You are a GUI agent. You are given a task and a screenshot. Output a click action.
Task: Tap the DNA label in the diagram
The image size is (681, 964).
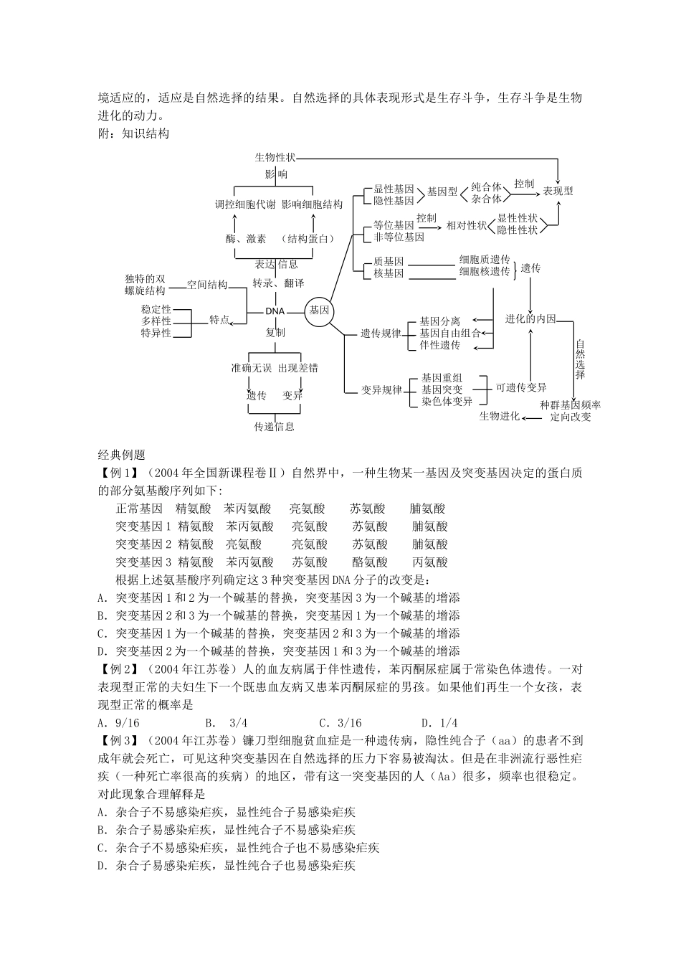pyautogui.click(x=275, y=311)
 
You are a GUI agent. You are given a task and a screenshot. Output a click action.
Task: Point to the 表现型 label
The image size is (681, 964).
pyautogui.click(x=558, y=192)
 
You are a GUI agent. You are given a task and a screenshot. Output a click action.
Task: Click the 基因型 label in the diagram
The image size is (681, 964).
pyautogui.click(x=442, y=192)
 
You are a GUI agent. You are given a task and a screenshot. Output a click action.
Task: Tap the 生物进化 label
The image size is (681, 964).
pyautogui.click(x=499, y=416)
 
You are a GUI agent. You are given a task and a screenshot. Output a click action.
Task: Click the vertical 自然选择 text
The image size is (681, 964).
pyautogui.click(x=580, y=359)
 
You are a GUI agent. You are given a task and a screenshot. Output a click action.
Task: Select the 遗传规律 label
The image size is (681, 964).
pyautogui.click(x=381, y=334)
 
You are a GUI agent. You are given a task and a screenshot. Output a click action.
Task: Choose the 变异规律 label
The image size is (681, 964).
pyautogui.click(x=381, y=390)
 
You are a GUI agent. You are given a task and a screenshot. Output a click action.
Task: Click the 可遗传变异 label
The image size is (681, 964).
pyautogui.click(x=521, y=387)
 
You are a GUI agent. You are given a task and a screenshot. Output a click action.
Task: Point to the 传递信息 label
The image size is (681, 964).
pyautogui.click(x=274, y=426)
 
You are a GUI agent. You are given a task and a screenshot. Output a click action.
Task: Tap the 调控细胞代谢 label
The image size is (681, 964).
pyautogui.click(x=245, y=204)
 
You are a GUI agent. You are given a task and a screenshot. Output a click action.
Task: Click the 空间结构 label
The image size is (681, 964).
pyautogui.click(x=207, y=285)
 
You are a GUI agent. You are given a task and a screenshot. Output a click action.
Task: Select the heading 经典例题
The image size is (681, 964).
pyautogui.click(x=121, y=455)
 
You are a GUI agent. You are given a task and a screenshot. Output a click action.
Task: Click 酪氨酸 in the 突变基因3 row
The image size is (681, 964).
pyautogui.click(x=370, y=562)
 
